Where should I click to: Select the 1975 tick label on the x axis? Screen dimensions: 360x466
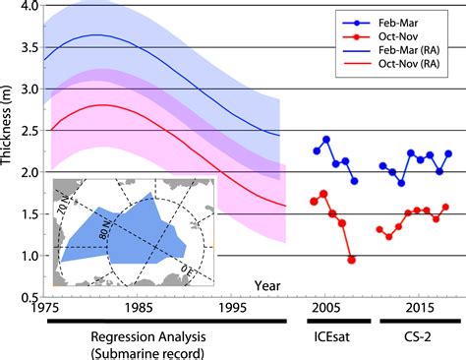[x=43, y=308]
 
